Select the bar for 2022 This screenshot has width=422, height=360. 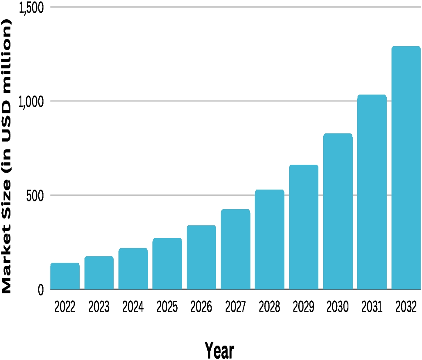[65, 276]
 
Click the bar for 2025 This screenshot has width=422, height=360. [167, 264]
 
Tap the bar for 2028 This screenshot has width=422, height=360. [270, 239]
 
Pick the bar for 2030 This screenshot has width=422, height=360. [338, 211]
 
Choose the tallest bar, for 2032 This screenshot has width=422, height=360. [406, 168]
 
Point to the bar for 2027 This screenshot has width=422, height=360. [236, 249]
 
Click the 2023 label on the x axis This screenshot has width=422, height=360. [99, 307]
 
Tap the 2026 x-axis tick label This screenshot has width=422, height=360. [201, 307]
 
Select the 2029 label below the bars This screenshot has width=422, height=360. [304, 307]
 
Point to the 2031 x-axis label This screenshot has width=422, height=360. [371, 307]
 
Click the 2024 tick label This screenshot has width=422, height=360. [133, 307]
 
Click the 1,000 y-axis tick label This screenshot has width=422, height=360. [30, 102]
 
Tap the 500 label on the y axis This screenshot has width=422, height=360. [35, 196]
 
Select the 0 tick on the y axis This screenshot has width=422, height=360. [41, 290]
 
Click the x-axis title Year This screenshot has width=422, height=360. [219, 350]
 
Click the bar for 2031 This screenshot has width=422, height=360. [372, 192]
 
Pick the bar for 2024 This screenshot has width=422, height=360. [133, 269]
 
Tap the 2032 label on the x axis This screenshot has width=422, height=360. [406, 307]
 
